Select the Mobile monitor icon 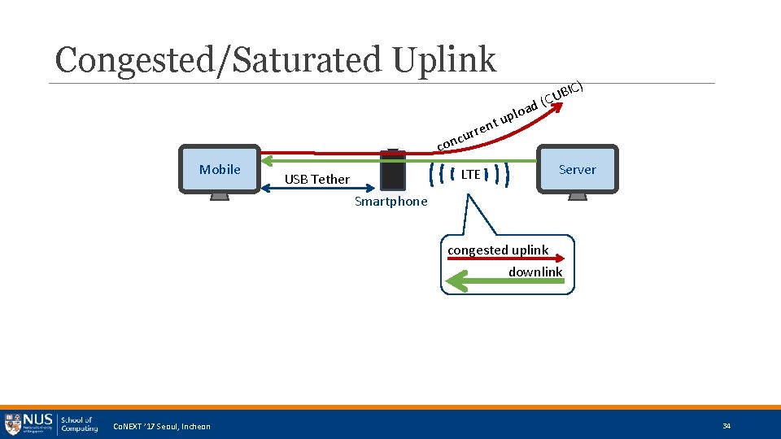point(220,170)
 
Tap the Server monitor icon point(577,170)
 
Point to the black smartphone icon point(393,169)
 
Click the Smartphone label point(390,202)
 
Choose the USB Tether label point(317,180)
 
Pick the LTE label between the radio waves point(471,174)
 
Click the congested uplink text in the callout point(498,250)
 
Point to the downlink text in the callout point(535,272)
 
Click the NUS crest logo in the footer point(13,423)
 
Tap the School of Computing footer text point(79,424)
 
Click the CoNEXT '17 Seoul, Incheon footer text point(161,427)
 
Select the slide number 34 point(726,426)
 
